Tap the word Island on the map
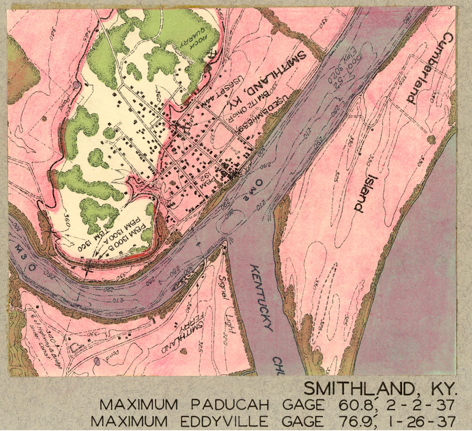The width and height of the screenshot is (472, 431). pyautogui.click(x=366, y=193)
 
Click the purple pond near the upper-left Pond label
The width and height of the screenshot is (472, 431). pyautogui.click(x=76, y=85)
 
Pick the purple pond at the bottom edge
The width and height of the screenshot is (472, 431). pyautogui.click(x=96, y=361)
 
